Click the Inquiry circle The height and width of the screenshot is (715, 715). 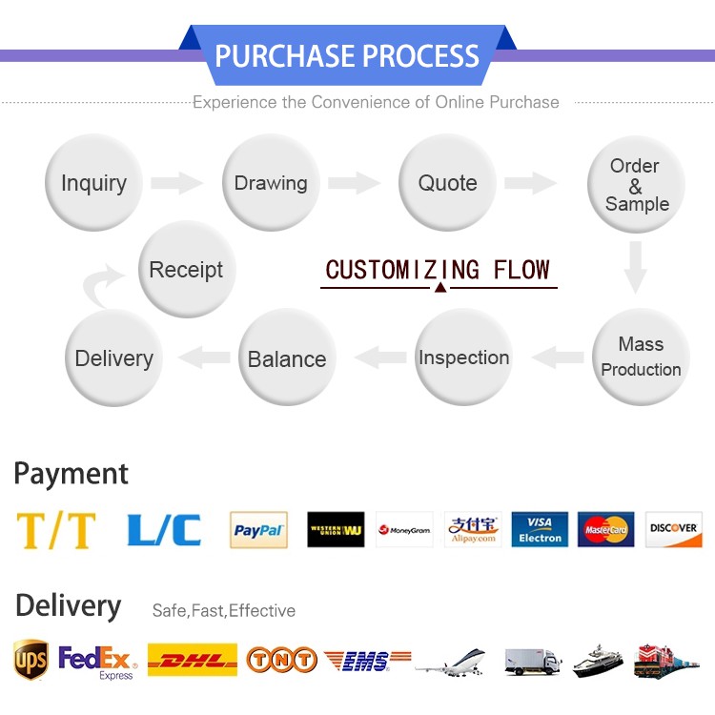pos(93,183)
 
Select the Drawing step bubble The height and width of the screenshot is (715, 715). pos(271,183)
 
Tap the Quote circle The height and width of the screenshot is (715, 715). pos(447,183)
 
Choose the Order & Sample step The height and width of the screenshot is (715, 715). pos(636,185)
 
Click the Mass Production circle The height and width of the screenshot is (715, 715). pos(640,357)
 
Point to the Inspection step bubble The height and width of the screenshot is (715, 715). pos(463,357)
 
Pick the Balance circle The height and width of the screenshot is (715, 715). pos(287,358)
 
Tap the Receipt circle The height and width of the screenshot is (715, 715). pos(186,270)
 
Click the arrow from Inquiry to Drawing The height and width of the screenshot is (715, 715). pos(176,183)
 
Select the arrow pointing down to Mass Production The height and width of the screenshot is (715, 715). pos(636,267)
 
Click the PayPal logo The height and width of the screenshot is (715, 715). pos(258,530)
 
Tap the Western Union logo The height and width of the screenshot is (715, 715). pos(336,530)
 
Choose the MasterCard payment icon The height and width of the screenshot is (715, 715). pos(605,530)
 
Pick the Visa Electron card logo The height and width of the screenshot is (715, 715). pos(540,530)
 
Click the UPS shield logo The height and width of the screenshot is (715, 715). pos(31,659)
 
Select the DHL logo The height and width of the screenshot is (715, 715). pos(194,659)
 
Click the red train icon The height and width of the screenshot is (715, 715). pos(666,660)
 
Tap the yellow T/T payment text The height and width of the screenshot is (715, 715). pos(56,530)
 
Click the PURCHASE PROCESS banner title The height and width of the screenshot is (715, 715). pos(347,55)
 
